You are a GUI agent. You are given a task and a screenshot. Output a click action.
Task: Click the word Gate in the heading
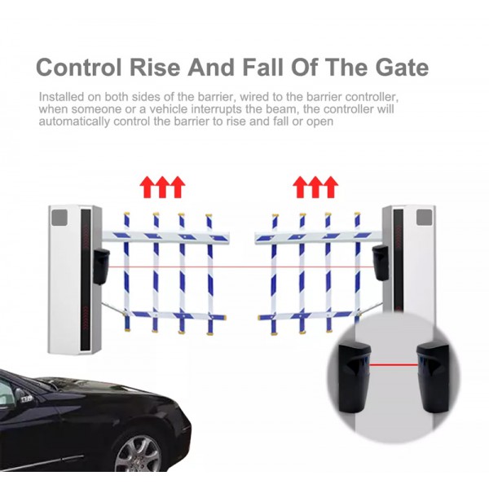click(x=402, y=67)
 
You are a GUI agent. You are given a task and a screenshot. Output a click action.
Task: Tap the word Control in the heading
click(x=78, y=67)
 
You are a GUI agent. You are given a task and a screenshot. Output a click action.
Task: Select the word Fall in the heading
click(x=264, y=67)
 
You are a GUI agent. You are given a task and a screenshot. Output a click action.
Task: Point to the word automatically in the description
click(x=74, y=121)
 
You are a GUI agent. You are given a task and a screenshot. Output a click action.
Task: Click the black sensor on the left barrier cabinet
click(x=101, y=267)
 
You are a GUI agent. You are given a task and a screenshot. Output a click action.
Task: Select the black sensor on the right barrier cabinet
click(x=380, y=262)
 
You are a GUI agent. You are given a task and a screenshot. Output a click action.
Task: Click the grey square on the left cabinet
click(x=59, y=218)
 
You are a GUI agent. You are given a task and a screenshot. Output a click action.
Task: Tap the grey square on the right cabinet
click(x=424, y=218)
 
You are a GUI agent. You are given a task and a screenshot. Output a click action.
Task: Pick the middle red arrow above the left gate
click(x=163, y=187)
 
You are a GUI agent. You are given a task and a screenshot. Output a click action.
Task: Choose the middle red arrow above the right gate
click(x=315, y=187)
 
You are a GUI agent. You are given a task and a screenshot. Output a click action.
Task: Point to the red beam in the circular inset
click(x=394, y=364)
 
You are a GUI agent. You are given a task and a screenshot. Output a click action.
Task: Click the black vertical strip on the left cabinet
click(x=86, y=280)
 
